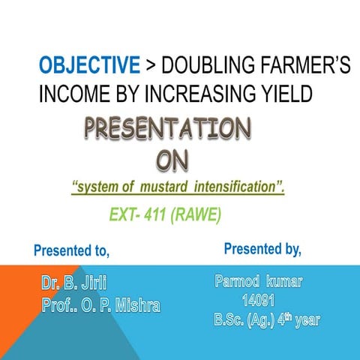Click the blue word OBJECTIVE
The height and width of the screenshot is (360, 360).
tap(89, 67)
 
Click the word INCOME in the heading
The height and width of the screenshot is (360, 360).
tap(71, 94)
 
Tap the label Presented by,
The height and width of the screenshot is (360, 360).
tap(262, 248)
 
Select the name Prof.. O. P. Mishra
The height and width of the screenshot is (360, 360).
tap(100, 306)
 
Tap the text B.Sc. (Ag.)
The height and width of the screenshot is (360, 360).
tap(241, 321)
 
